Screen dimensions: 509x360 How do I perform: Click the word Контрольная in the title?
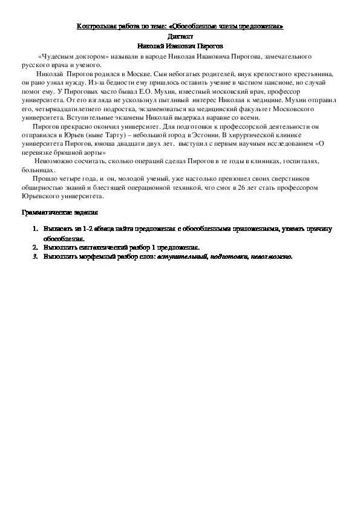coord(94,27)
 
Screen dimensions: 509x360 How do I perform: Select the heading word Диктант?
coord(180,36)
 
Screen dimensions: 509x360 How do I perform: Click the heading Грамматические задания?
coord(59,213)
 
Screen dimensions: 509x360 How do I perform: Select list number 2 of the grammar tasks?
coord(36,247)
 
